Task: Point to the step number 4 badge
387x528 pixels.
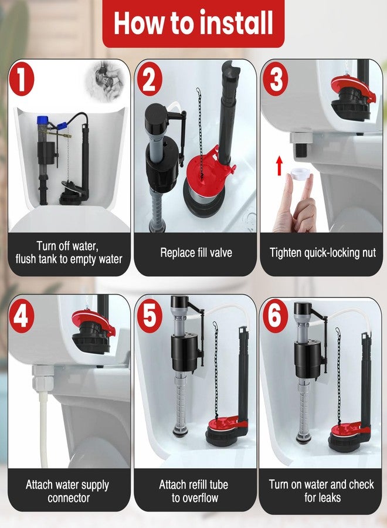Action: click(22, 317)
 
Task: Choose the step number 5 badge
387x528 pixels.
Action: click(149, 317)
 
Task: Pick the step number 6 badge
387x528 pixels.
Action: click(274, 317)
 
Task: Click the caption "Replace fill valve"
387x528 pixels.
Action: click(196, 253)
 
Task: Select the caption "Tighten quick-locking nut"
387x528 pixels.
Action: click(322, 253)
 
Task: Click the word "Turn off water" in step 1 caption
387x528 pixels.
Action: click(67, 246)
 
